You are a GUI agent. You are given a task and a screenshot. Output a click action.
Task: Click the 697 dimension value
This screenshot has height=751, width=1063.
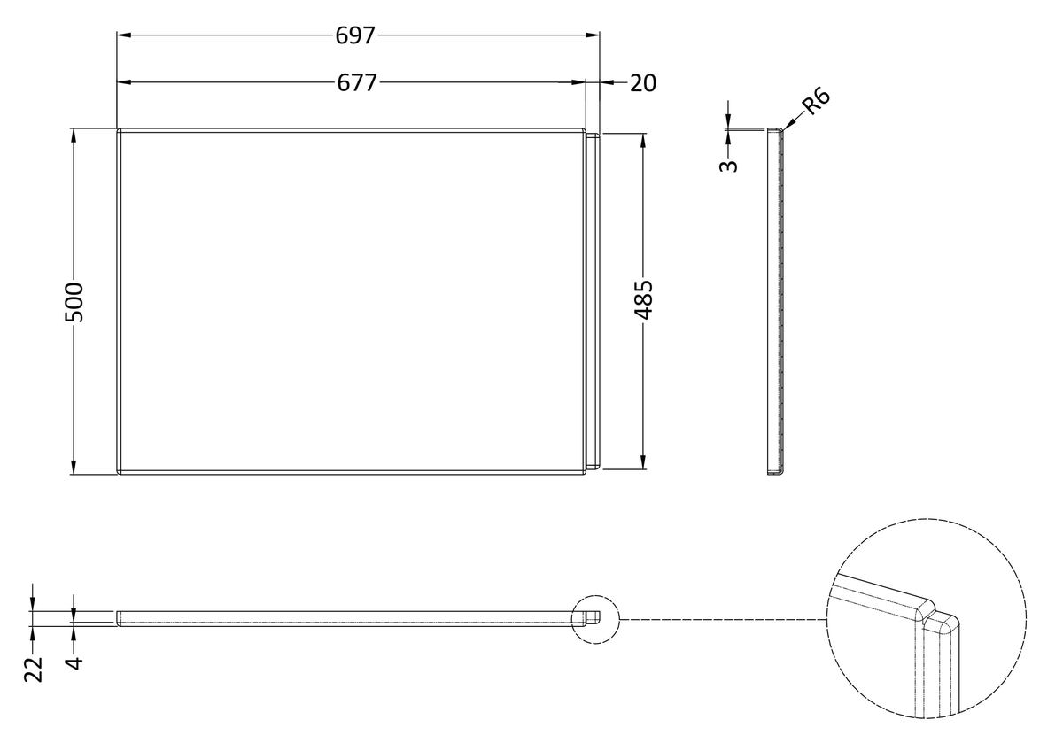(x=355, y=35)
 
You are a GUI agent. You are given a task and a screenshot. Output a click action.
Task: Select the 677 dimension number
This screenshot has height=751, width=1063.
(x=357, y=83)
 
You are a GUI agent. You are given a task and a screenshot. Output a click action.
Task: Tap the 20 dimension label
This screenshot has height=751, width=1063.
(x=643, y=83)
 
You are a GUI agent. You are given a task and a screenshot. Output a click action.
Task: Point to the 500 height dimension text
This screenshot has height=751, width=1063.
(x=74, y=302)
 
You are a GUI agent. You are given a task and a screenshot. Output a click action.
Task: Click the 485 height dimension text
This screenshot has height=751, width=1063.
(x=644, y=300)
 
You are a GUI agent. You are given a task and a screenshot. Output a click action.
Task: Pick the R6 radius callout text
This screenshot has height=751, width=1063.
(x=816, y=101)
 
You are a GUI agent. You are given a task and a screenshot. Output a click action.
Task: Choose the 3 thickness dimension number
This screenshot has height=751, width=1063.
(x=729, y=166)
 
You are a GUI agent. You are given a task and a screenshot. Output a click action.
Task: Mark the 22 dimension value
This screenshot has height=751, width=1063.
(x=34, y=670)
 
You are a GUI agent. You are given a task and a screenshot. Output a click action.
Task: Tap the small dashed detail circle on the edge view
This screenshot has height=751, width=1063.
(x=595, y=619)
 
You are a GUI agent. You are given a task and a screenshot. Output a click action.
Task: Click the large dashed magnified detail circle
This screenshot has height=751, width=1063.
(x=927, y=619)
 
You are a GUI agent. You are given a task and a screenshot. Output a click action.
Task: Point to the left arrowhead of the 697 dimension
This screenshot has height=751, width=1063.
(x=124, y=35)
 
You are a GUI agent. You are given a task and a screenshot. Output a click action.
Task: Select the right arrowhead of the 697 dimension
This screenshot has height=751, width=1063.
(x=593, y=35)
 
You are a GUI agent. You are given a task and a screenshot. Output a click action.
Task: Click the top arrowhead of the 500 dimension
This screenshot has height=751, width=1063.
(x=74, y=135)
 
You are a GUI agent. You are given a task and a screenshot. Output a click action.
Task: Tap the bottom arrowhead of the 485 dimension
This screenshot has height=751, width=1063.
(x=643, y=462)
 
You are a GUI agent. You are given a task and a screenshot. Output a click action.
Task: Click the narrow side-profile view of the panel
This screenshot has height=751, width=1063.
(x=775, y=302)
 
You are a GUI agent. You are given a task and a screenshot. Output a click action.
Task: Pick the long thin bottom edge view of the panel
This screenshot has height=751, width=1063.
(x=358, y=619)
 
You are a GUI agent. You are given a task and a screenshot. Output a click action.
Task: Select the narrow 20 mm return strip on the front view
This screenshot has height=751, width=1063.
(x=593, y=302)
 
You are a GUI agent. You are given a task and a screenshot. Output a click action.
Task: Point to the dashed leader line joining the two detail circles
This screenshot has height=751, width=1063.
(x=723, y=619)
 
